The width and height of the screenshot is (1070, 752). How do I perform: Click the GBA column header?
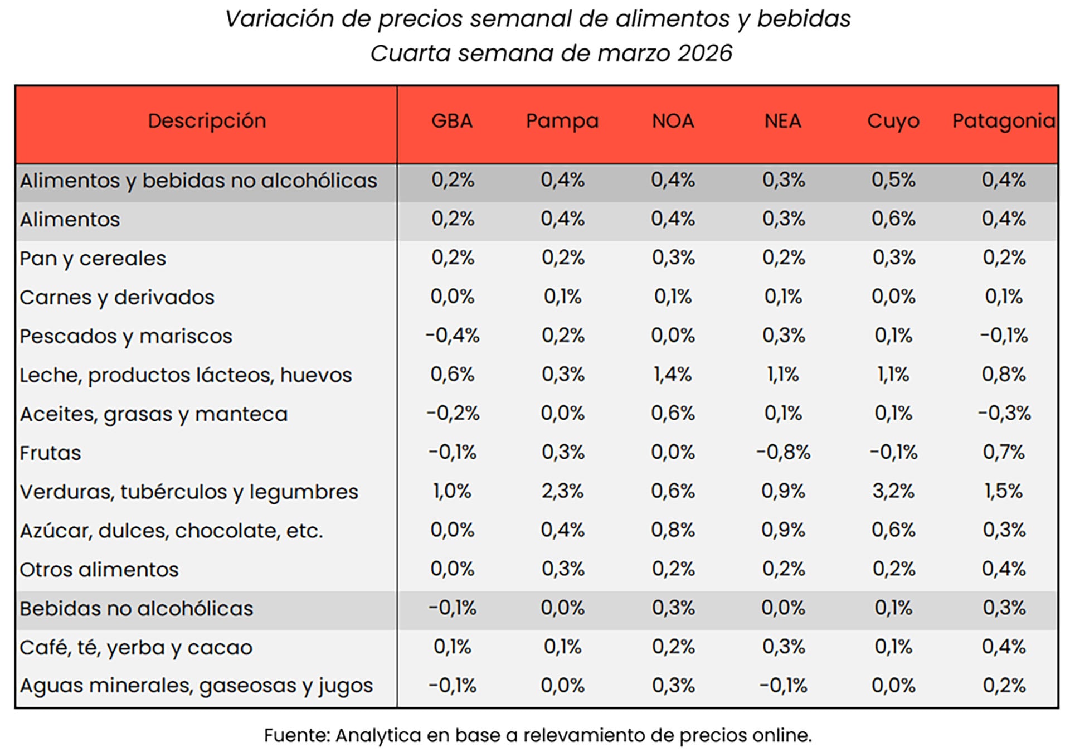click(452, 121)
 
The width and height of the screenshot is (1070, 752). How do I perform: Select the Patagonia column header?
click(1004, 121)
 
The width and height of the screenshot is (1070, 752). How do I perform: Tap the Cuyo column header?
click(893, 121)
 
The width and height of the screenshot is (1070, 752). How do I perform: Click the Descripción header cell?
click(207, 121)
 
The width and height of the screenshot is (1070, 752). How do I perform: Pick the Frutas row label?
click(50, 453)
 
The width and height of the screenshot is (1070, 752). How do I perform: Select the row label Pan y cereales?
click(93, 258)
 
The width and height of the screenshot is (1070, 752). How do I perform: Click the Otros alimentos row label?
click(99, 569)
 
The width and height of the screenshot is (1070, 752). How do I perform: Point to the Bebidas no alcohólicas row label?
click(137, 608)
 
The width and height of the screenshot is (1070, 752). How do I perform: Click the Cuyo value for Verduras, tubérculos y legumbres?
click(893, 491)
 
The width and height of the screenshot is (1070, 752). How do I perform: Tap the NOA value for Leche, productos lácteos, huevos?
click(673, 374)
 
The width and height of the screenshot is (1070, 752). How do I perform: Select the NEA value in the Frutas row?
click(783, 452)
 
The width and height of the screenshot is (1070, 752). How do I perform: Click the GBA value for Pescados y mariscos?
click(452, 335)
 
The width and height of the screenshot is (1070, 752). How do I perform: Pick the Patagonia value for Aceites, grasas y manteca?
click(1004, 413)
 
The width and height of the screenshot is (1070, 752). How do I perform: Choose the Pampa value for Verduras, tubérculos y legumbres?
click(562, 491)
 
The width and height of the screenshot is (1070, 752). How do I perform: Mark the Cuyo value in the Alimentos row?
click(893, 219)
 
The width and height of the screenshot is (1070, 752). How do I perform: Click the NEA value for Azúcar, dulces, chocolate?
click(783, 530)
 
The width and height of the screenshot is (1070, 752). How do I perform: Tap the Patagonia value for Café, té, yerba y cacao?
click(1004, 647)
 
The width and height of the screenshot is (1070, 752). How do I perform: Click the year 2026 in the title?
click(705, 54)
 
